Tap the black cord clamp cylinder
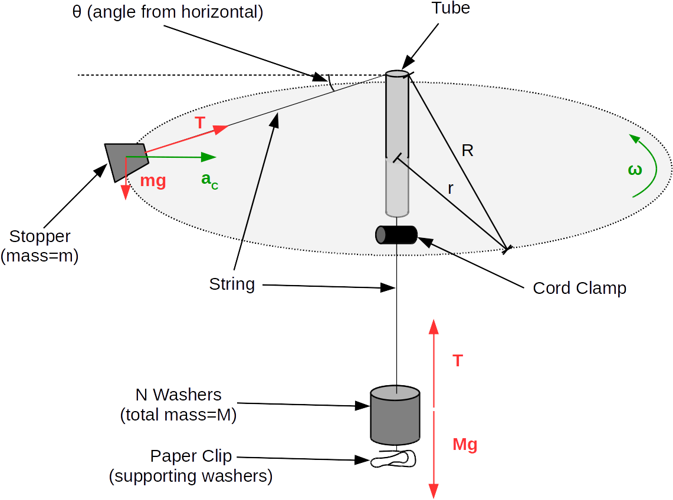pyautogui.click(x=396, y=234)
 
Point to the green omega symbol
pyautogui.click(x=635, y=170)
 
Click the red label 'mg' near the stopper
pyautogui.click(x=153, y=180)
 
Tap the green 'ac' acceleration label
pyautogui.click(x=209, y=180)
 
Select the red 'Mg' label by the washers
pyautogui.click(x=465, y=445)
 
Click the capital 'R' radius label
pyautogui.click(x=467, y=151)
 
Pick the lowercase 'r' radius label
pyautogui.click(x=451, y=188)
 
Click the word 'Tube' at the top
pyautogui.click(x=451, y=8)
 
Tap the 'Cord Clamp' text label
pyautogui.click(x=579, y=288)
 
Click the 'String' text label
pyautogui.click(x=232, y=284)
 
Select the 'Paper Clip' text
pyautogui.click(x=191, y=456)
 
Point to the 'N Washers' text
pyautogui.click(x=178, y=395)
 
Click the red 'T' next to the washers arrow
pyautogui.click(x=457, y=360)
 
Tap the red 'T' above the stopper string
pyautogui.click(x=199, y=122)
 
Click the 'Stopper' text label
pyautogui.click(x=40, y=237)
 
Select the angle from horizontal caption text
pyautogui.click(x=168, y=12)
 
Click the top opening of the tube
pyautogui.click(x=397, y=74)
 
